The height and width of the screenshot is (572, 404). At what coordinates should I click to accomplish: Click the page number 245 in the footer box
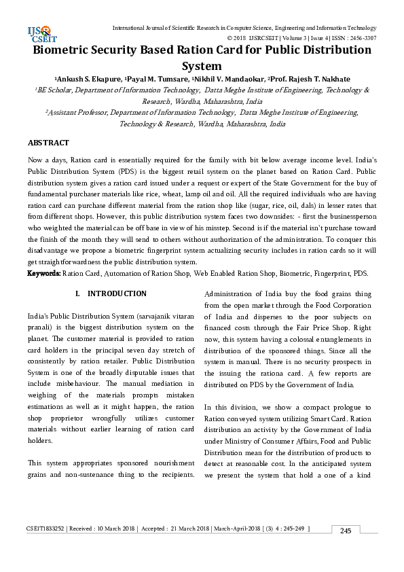point(345,531)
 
